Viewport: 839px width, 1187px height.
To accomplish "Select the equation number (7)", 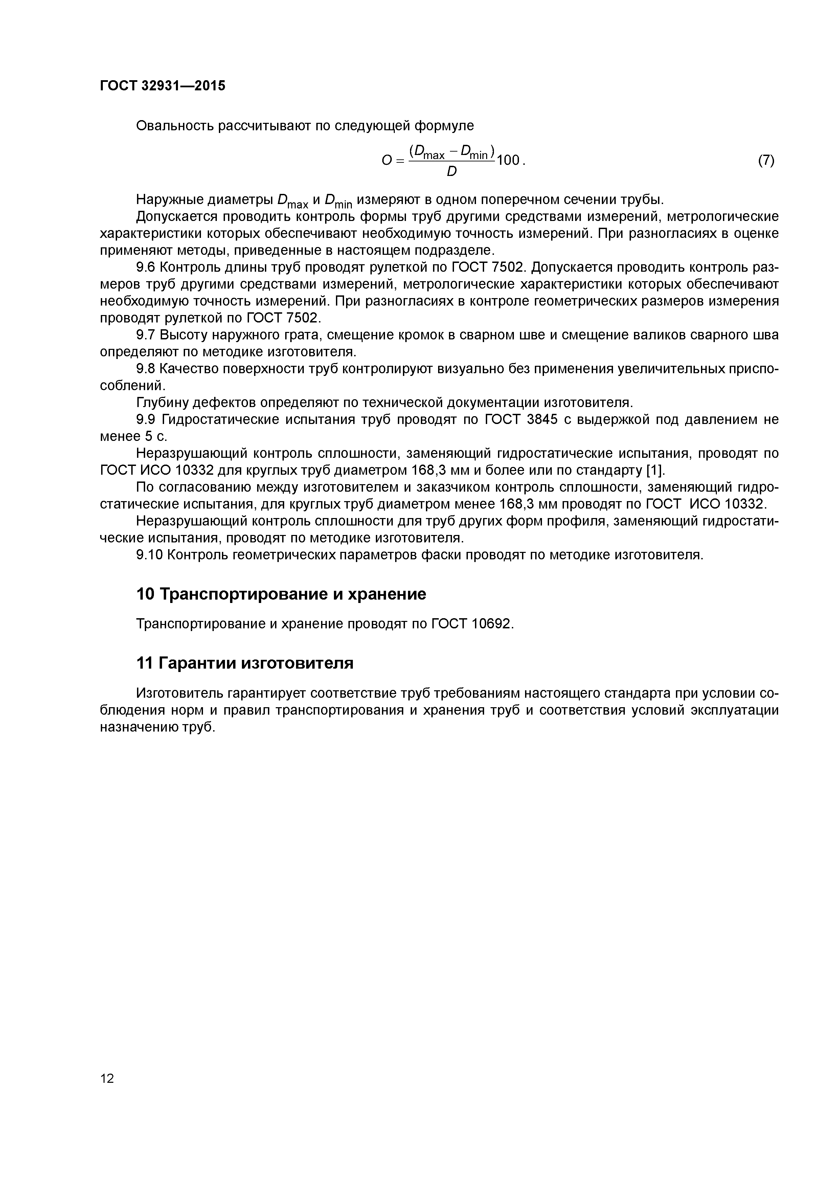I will [766, 161].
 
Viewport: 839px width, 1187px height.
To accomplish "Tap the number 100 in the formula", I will [509, 161].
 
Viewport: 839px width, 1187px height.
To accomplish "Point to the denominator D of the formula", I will [451, 172].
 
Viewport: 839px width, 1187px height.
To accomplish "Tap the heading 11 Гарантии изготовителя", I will [245, 663].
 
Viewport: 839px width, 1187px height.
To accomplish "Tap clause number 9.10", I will [150, 555].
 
